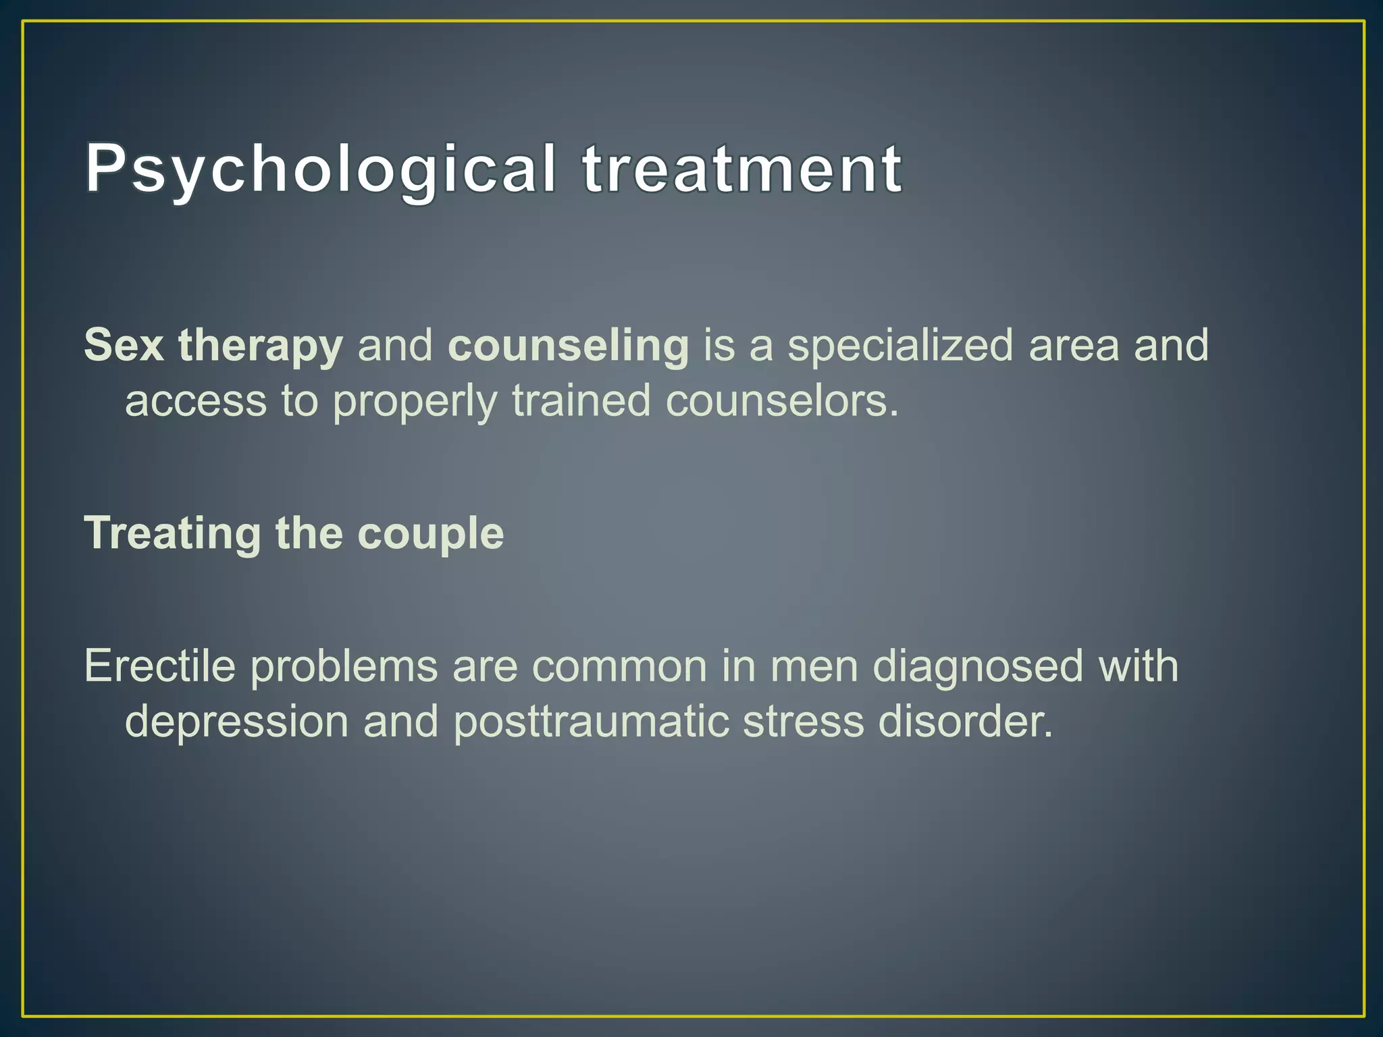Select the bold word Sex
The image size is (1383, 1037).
pyautogui.click(x=124, y=345)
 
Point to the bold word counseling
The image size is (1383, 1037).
pyautogui.click(x=568, y=346)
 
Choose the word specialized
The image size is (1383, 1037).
pyautogui.click(x=901, y=346)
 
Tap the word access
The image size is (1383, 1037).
pyautogui.click(x=196, y=401)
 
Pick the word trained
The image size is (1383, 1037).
pyautogui.click(x=581, y=400)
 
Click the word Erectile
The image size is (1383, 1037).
pyautogui.click(x=160, y=666)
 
